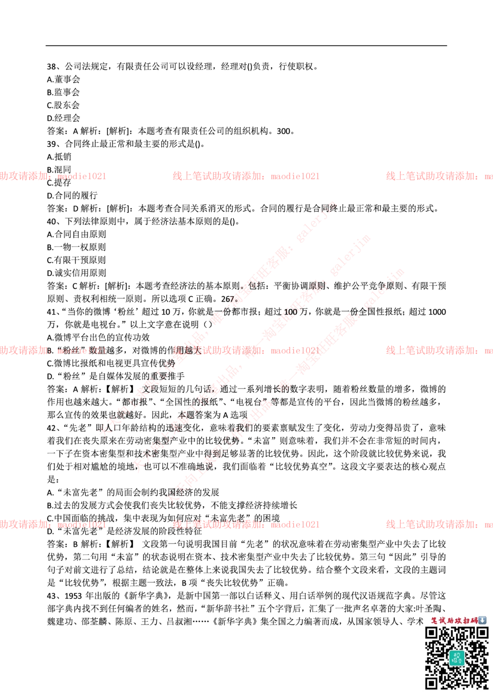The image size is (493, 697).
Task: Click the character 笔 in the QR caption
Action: coord(434,621)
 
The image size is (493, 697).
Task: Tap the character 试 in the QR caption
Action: coord(443,621)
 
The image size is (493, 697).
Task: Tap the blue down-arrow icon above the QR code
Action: coord(482,621)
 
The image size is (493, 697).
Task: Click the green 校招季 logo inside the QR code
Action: coord(457,658)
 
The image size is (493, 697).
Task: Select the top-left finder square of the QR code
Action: coord(432,633)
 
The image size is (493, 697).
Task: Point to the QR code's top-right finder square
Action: coord(482,633)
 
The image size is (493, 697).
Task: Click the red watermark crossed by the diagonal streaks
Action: coord(246,350)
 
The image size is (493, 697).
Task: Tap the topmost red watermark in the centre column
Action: coord(246,176)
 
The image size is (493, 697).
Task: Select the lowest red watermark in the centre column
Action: coord(246,524)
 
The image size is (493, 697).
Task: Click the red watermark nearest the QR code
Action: coord(439,524)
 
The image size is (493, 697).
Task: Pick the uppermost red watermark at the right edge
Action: coord(439,176)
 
